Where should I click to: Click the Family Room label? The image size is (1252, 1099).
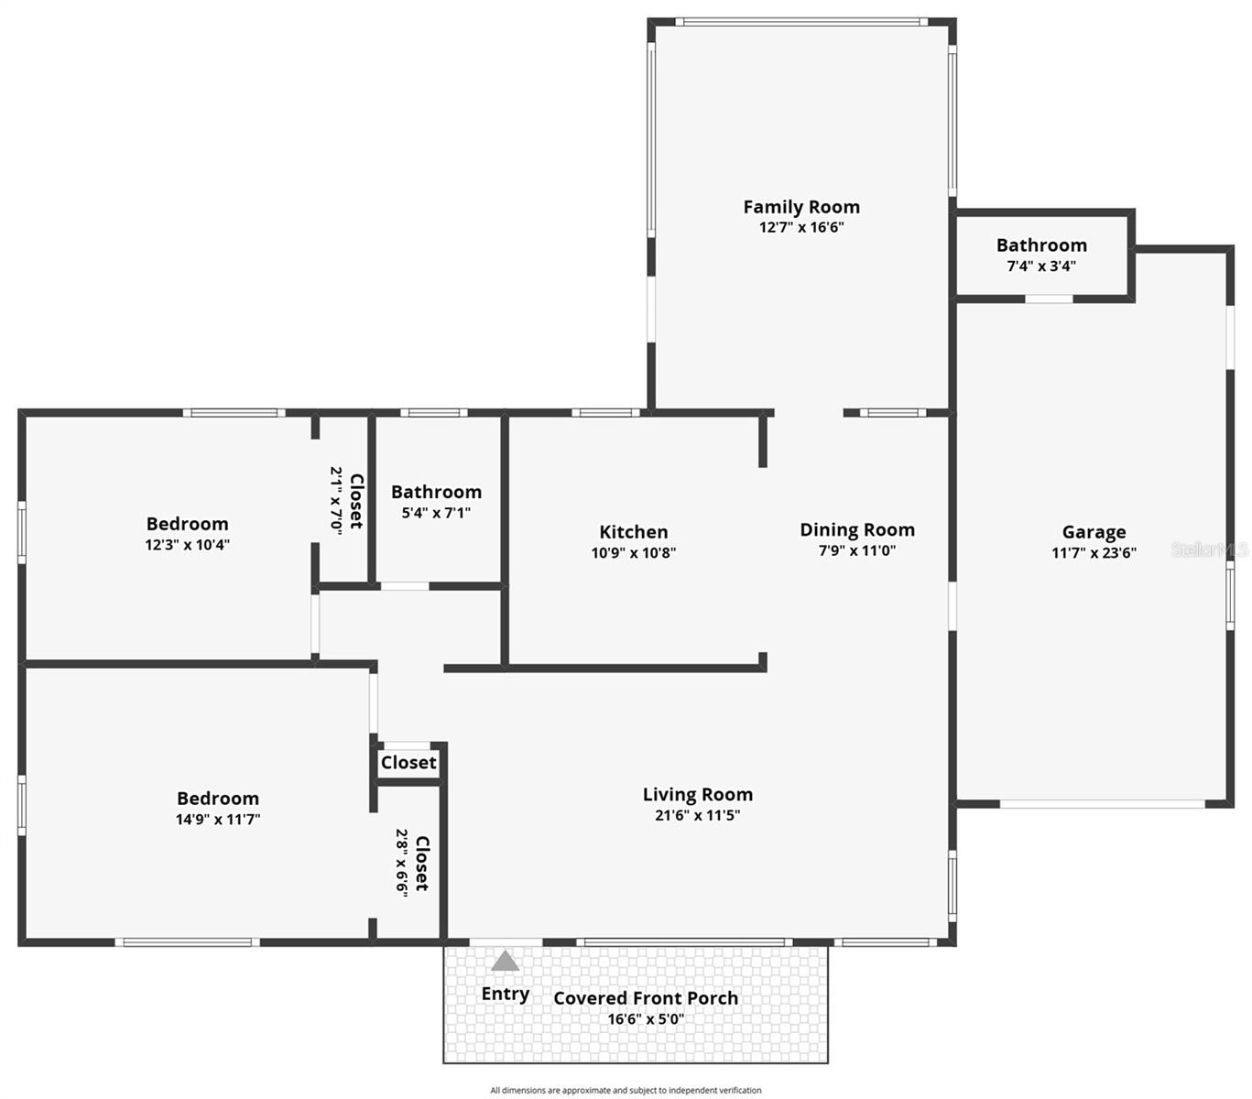pos(800,207)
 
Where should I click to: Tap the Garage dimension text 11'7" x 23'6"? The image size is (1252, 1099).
pos(1094,552)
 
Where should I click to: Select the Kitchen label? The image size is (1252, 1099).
pos(633,532)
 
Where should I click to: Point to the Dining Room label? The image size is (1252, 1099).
pos(856,529)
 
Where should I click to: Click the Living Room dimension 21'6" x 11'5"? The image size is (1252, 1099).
pos(697,815)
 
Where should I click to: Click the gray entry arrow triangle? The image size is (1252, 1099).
pos(505,961)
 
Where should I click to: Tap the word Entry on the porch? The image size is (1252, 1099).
pos(505,994)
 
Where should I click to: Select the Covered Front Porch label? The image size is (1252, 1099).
pos(646,998)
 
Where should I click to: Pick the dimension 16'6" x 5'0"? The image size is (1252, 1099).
pos(646,1019)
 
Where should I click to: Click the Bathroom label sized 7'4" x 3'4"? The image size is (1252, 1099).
pos(1041,245)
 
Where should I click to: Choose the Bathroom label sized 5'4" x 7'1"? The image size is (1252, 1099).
pos(436,492)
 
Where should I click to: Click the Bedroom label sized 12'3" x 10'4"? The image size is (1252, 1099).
pos(187,524)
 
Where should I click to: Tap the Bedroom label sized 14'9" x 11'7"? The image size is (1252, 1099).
pos(218,799)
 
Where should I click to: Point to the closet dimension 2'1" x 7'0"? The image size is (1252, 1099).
pos(336,500)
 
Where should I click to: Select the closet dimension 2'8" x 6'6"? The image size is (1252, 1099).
pos(402,863)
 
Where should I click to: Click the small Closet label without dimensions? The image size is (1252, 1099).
pos(408,763)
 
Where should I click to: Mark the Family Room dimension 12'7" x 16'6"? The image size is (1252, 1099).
pos(800,227)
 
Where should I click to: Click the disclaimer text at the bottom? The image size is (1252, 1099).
pos(626,1090)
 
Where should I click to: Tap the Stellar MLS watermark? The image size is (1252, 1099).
pos(1209,549)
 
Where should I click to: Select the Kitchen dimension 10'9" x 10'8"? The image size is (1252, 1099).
pos(633,552)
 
